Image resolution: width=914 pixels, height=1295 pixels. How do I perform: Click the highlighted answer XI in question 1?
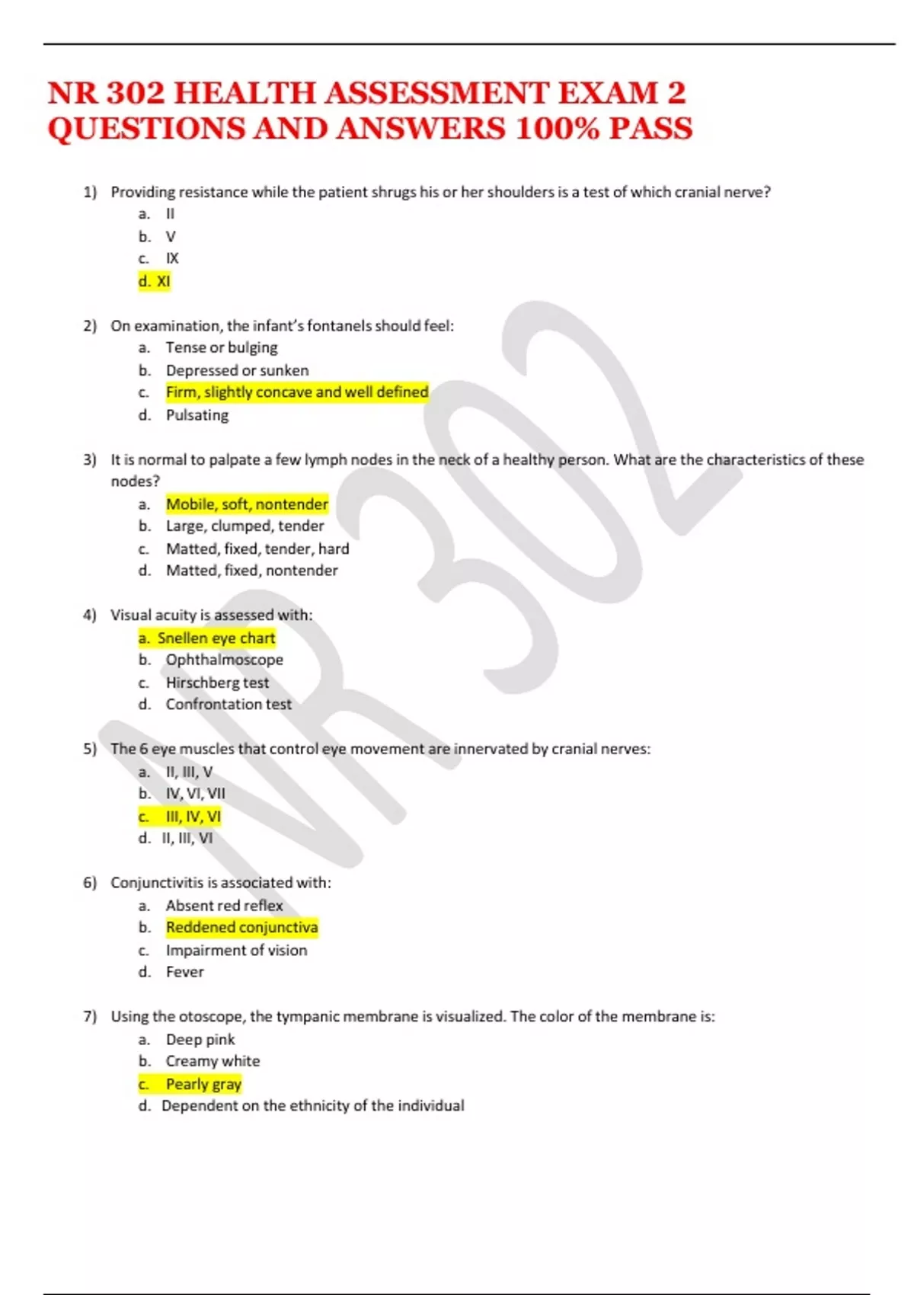click(x=155, y=281)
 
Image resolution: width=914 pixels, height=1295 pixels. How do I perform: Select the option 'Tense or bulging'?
click(x=222, y=347)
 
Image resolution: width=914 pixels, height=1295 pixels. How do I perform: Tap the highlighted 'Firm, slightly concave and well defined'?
click(x=297, y=392)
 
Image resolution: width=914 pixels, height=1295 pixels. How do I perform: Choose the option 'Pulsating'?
click(x=197, y=415)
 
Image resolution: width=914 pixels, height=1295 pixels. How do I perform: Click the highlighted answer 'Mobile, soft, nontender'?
click(x=247, y=504)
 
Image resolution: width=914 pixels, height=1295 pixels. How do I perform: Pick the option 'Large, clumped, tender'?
click(x=244, y=526)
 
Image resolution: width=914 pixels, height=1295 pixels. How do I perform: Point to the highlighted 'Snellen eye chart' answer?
click(x=207, y=638)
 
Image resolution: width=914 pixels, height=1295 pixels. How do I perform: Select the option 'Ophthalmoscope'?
click(x=225, y=660)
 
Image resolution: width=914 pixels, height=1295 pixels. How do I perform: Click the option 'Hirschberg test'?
click(x=217, y=683)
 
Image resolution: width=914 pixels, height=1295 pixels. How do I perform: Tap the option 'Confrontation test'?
click(x=228, y=705)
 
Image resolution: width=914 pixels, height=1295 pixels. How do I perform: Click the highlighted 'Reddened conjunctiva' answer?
click(x=241, y=928)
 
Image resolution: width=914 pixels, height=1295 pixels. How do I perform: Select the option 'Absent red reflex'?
click(x=224, y=906)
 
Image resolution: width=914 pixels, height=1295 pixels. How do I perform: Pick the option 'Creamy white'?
click(x=213, y=1061)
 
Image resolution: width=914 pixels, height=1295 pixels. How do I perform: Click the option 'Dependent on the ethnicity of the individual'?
click(x=312, y=1106)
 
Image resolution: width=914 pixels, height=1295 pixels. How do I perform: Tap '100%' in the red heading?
click(x=557, y=129)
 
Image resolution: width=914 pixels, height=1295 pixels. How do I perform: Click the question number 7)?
click(x=90, y=1017)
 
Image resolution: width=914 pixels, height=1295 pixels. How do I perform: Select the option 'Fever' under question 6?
click(x=184, y=972)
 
